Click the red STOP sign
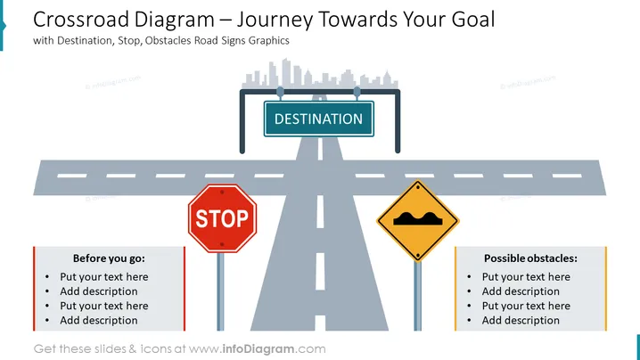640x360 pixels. [x=223, y=218]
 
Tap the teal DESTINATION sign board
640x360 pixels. [x=319, y=119]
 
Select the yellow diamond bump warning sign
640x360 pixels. [x=418, y=221]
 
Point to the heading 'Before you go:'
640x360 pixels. [x=109, y=258]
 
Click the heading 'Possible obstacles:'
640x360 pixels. [x=530, y=258]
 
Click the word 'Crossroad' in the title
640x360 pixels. [x=81, y=20]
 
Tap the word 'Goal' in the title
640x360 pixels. [x=473, y=20]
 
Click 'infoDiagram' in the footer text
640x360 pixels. [x=258, y=349]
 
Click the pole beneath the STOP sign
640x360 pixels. [x=220, y=291]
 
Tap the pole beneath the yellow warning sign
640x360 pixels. [x=417, y=296]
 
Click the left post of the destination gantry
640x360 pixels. [x=242, y=121]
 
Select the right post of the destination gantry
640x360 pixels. [x=398, y=121]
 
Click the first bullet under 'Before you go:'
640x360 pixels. [x=103, y=277]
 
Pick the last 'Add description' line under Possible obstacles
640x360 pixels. [x=521, y=321]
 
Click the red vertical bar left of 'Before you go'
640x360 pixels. [x=34, y=289]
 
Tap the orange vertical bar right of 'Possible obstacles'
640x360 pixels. [x=606, y=289]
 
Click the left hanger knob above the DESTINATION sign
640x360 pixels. [x=280, y=92]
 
